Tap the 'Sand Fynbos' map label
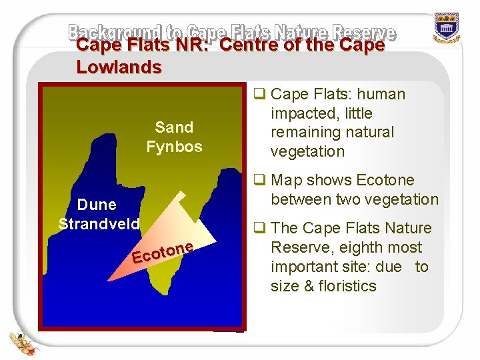click(174, 137)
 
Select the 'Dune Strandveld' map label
click(99, 214)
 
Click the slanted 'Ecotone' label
click(163, 252)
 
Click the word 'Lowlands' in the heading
click(119, 67)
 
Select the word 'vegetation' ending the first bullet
click(307, 151)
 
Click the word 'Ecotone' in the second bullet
click(386, 180)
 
